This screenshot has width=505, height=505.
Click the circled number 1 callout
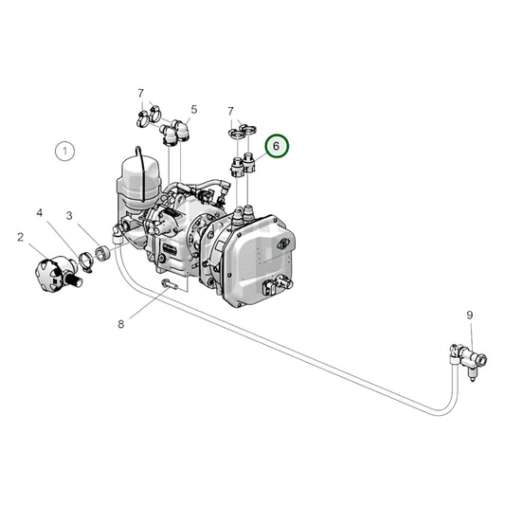coord(64,150)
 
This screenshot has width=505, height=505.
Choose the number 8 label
coord(121,324)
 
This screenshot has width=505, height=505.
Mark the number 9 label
coord(469,315)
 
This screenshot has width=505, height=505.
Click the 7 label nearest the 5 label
coord(140,93)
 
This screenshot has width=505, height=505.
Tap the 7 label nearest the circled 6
coord(230,112)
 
